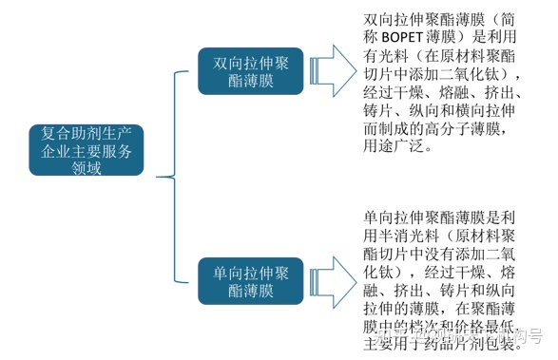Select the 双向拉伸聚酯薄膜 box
coord(251,71)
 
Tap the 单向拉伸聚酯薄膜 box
coord(251,280)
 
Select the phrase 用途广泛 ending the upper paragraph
coord(392,147)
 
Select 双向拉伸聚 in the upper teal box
coord(251,62)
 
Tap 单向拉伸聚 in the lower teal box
coord(251,271)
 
